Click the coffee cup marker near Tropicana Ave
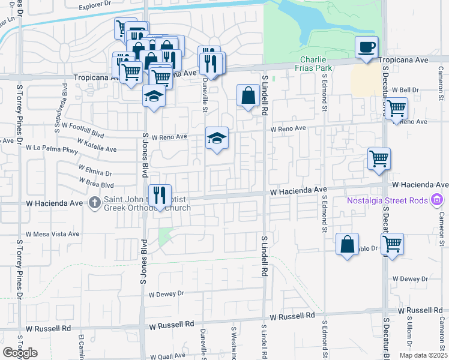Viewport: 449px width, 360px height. pyautogui.click(x=366, y=47)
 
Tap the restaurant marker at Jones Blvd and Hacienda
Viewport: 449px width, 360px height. pyautogui.click(x=160, y=194)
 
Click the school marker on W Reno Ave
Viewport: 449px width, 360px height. pyautogui.click(x=217, y=138)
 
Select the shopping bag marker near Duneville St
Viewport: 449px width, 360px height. pyautogui.click(x=248, y=95)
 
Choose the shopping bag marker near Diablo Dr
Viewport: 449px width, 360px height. pyautogui.click(x=347, y=244)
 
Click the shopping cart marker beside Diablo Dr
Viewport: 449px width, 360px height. pyautogui.click(x=392, y=244)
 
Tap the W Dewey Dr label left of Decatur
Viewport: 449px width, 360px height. pyautogui.click(x=411, y=279)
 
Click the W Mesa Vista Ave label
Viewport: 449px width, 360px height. pyautogui.click(x=52, y=234)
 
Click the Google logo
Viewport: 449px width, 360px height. pyautogui.click(x=20, y=353)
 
